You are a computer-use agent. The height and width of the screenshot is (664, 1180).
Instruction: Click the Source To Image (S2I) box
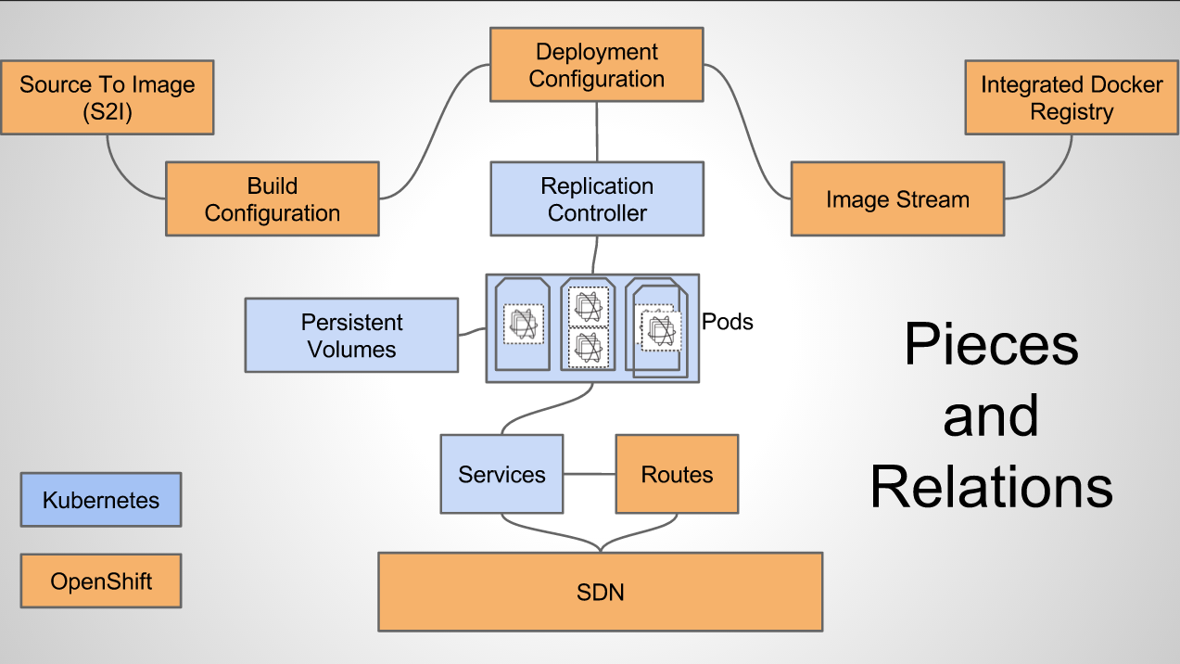pos(108,97)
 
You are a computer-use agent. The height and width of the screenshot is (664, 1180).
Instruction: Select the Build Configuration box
pos(273,198)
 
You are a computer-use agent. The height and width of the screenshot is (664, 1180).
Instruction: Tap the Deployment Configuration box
pos(597,64)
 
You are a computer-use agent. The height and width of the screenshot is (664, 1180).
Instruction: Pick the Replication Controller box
pos(597,198)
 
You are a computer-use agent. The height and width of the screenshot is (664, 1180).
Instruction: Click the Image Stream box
pos(897,198)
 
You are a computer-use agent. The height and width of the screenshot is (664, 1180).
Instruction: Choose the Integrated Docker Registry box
pos(1072,97)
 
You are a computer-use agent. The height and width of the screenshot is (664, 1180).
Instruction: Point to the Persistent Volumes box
pos(351,335)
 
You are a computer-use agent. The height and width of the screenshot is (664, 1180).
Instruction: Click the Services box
pos(501,474)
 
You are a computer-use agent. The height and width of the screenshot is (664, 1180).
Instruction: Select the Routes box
pos(677,474)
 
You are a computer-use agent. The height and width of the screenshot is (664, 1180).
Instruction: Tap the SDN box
pos(601,592)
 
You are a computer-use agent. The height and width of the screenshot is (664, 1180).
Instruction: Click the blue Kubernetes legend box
pos(101,500)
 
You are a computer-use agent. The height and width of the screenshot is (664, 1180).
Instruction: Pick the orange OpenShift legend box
pos(101,581)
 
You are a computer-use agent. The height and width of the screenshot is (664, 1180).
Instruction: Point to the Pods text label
pos(728,322)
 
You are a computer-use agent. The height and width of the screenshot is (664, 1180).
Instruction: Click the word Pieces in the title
pos(992,345)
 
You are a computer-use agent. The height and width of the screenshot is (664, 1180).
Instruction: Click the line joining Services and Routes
pos(590,474)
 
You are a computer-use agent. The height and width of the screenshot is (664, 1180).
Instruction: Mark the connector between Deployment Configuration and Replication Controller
pos(597,132)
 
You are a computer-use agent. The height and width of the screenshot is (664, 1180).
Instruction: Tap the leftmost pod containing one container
pos(523,324)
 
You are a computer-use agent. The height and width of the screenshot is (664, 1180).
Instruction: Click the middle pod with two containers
pos(588,324)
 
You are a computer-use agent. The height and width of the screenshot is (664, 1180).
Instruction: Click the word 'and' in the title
pos(991,416)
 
